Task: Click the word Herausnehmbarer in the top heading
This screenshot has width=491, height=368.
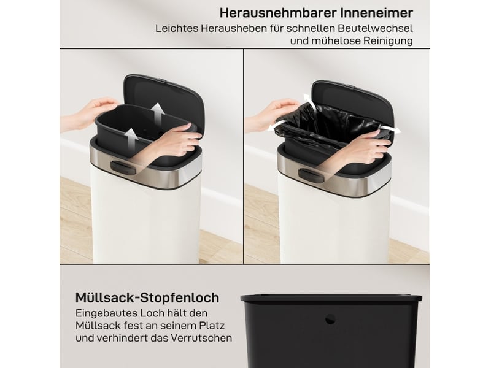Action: [x=278, y=13]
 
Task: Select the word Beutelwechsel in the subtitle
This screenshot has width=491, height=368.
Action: [x=375, y=28]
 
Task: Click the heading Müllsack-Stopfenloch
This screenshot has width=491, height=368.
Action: [x=147, y=297]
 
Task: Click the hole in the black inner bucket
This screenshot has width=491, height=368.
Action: [x=330, y=320]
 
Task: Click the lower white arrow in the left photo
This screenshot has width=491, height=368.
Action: [x=130, y=139]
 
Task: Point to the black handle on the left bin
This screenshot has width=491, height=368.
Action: [x=123, y=167]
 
